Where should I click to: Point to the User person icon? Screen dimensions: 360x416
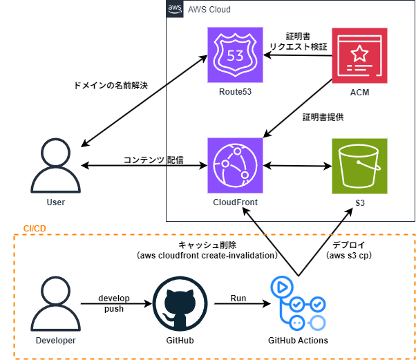coord(55,166)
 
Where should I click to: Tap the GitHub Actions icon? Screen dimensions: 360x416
coord(297,303)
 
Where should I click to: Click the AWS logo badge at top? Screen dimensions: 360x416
coord(176,9)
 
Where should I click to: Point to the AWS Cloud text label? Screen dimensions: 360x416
coord(209,10)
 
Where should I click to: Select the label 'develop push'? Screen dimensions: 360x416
coord(114,303)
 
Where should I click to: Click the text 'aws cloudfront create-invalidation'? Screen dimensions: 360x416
coord(207,255)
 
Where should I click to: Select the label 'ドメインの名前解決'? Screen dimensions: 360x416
coord(111,86)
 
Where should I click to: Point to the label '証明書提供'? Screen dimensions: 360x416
coord(323,117)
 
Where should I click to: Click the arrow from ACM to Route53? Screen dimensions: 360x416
coord(299,55)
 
